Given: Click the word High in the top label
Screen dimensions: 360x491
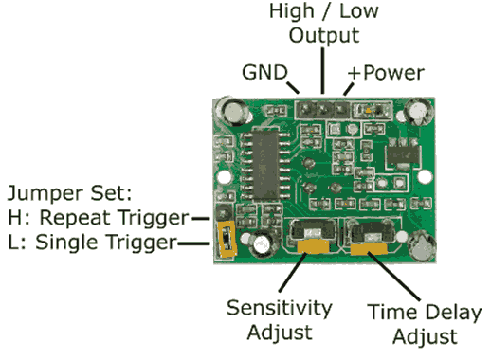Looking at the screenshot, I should [294, 12].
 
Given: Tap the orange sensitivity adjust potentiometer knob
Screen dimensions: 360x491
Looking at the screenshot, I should [314, 247].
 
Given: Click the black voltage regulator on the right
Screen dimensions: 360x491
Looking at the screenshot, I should [399, 150].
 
